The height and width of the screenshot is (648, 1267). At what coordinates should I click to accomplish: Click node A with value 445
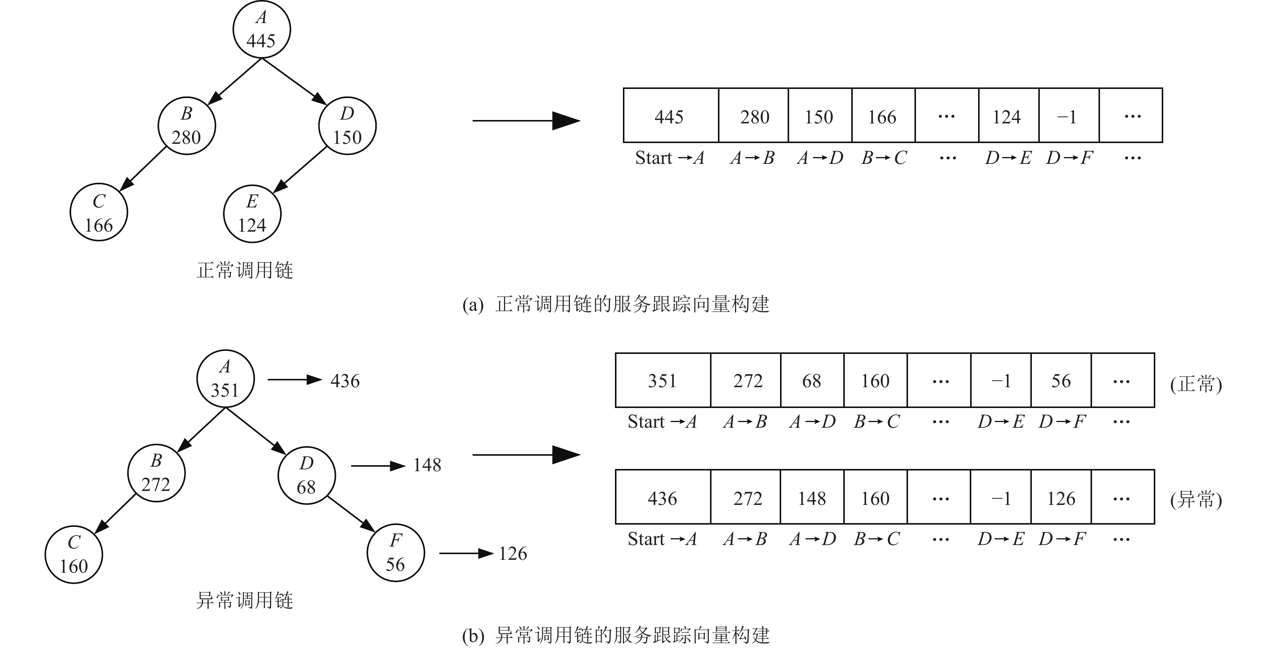[261, 30]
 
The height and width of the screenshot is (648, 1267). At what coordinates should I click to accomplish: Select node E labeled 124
[252, 213]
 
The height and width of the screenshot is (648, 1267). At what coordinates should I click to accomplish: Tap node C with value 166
[98, 213]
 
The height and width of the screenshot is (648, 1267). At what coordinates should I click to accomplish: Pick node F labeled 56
[395, 553]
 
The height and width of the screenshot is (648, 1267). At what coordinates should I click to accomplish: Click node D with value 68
[306, 475]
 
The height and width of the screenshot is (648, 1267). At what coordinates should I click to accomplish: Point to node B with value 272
[156, 473]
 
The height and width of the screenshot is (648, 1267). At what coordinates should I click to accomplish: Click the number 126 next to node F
[512, 554]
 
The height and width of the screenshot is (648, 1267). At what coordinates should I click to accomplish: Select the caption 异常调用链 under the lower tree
[245, 600]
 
